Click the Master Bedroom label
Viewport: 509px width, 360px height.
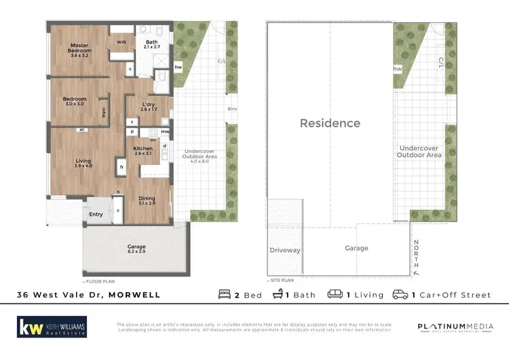point(80,50)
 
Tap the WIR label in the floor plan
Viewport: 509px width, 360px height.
point(121,42)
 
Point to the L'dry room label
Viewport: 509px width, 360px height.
point(149,106)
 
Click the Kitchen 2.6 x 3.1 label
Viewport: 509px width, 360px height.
point(143,151)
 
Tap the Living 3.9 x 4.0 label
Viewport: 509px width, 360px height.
point(83,164)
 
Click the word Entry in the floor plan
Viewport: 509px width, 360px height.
point(96,215)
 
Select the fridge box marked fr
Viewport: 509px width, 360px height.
point(121,166)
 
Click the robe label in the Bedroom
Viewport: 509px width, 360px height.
point(103,113)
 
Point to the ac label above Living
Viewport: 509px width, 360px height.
point(81,129)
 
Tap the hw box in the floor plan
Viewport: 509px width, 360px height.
point(178,67)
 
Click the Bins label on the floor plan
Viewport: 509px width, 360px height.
point(233,109)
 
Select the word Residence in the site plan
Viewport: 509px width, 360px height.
point(331,124)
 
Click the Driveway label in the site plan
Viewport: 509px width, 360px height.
point(285,250)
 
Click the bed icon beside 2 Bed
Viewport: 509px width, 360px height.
point(225,295)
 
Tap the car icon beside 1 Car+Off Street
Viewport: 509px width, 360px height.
point(401,295)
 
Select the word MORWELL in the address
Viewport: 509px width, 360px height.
point(137,295)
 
